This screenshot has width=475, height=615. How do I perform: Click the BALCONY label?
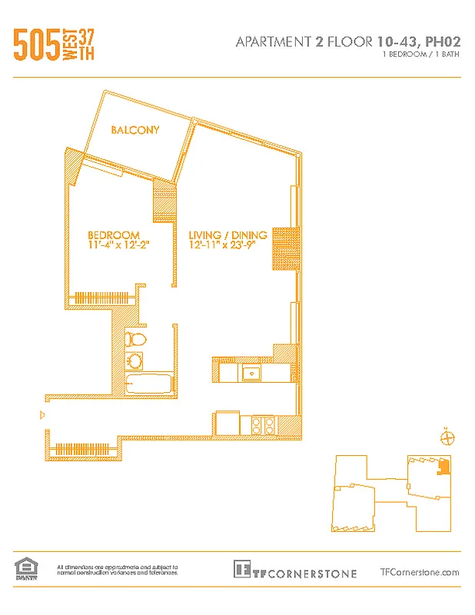(x=135, y=130)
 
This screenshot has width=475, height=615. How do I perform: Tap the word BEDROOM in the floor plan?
(x=113, y=235)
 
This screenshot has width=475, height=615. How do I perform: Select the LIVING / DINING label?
(x=228, y=235)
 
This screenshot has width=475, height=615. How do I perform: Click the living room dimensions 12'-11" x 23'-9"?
(x=228, y=245)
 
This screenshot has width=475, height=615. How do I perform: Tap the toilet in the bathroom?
(x=137, y=338)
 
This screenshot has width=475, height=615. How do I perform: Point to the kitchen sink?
(x=251, y=373)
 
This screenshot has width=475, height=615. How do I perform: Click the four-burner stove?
(x=263, y=424)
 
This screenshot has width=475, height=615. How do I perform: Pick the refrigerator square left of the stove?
(x=227, y=424)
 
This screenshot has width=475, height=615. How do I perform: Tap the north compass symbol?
(x=447, y=437)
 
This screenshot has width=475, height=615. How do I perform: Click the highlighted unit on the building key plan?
(x=443, y=466)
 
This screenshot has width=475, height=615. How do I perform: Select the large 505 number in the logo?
(x=36, y=45)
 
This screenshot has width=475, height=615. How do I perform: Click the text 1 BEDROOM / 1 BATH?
(x=421, y=56)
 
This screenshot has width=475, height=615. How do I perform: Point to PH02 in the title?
(x=440, y=42)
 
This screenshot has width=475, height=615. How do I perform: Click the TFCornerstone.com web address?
(x=420, y=572)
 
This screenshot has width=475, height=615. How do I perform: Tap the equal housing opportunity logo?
(x=25, y=569)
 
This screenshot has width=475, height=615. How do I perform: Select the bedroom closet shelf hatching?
(x=100, y=297)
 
